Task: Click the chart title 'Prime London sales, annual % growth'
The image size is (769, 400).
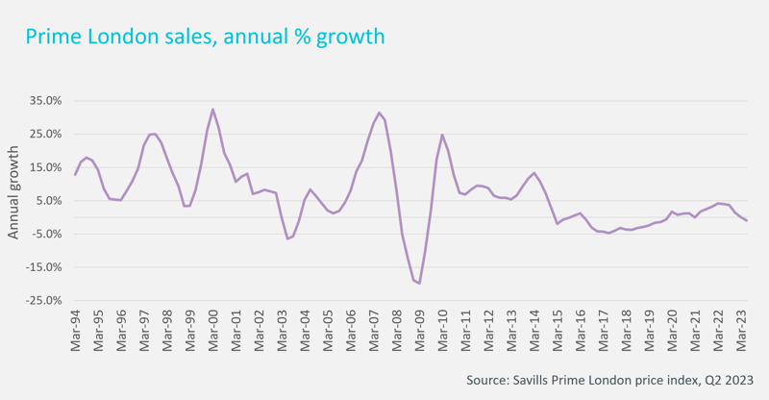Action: (204, 37)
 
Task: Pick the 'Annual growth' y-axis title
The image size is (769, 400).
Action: (13, 193)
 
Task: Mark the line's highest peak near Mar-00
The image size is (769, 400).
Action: (212, 110)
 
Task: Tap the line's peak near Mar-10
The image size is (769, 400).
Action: (442, 135)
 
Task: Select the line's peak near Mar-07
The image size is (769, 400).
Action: (380, 112)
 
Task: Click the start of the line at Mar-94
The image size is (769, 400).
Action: (75, 174)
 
